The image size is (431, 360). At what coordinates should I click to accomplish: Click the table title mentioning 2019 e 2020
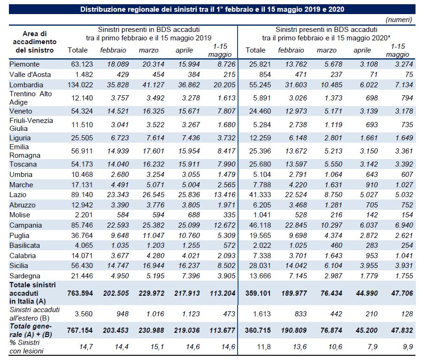[212, 9]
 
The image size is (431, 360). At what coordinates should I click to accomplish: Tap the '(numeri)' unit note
[399, 20]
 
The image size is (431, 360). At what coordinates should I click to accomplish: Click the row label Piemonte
[24, 64]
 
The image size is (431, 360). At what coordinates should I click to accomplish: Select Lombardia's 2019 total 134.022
[80, 84]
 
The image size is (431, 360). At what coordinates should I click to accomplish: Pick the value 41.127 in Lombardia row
[154, 84]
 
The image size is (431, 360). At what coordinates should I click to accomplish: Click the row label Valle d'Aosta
[30, 75]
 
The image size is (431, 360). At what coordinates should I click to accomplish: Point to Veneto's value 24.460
[260, 111]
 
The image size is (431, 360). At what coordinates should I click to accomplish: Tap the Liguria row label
[20, 138]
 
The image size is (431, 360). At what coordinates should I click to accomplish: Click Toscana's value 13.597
[296, 164]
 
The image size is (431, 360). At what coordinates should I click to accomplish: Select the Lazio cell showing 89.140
[82, 195]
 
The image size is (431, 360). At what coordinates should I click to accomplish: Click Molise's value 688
[193, 215]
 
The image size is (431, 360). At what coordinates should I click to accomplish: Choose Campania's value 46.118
[260, 225]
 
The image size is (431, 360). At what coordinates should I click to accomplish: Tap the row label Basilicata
[24, 245]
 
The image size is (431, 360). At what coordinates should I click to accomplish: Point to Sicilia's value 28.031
[260, 266]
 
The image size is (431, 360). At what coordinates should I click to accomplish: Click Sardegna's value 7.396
[191, 276]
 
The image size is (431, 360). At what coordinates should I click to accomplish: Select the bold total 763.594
[80, 293]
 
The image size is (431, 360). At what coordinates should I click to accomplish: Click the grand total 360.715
[258, 330]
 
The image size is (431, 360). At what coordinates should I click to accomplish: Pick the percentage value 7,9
[372, 347]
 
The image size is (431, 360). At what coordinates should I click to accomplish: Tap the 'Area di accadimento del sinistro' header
[35, 42]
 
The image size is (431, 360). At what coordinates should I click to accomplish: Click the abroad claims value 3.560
[84, 314]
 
